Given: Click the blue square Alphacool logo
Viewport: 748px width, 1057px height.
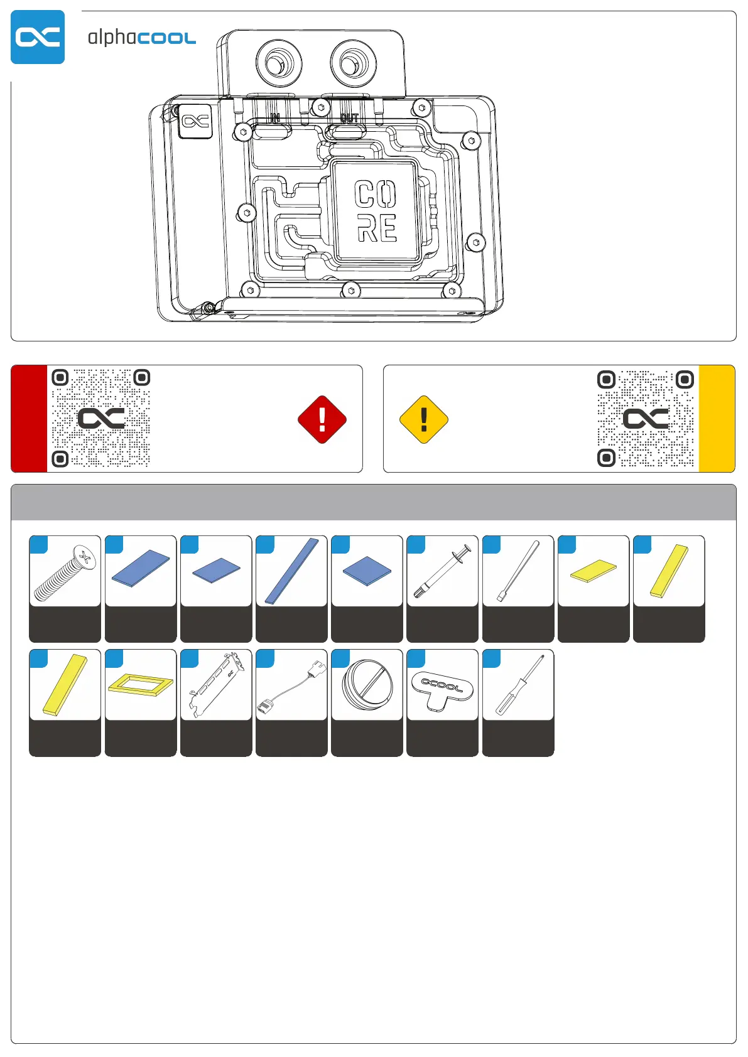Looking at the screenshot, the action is pyautogui.click(x=38, y=37).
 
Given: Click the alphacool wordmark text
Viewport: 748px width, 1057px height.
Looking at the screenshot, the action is pyautogui.click(x=142, y=38).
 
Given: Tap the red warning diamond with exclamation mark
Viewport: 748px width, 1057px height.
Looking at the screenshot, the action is pyautogui.click(x=322, y=419).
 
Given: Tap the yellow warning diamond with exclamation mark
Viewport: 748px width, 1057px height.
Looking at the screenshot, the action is pyautogui.click(x=424, y=419).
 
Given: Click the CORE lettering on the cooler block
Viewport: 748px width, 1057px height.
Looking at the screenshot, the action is pyautogui.click(x=376, y=211).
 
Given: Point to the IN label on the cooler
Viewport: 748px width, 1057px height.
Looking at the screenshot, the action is pyautogui.click(x=275, y=117).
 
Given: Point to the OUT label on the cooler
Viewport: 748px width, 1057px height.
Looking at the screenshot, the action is pyautogui.click(x=349, y=117).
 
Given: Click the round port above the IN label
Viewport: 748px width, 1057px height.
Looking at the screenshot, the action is pyautogui.click(x=279, y=63).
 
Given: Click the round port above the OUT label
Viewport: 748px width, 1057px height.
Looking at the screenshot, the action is pyautogui.click(x=354, y=63).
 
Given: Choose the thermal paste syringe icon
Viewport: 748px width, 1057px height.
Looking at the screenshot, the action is pyautogui.click(x=442, y=571).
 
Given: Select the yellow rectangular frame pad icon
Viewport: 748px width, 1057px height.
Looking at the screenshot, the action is pyautogui.click(x=141, y=685).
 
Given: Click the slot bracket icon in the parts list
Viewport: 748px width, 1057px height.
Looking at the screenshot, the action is pyautogui.click(x=216, y=685).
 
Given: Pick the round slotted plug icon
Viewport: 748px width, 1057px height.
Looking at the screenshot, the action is pyautogui.click(x=367, y=685).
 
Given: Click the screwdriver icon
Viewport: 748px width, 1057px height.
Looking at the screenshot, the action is pyautogui.click(x=519, y=685).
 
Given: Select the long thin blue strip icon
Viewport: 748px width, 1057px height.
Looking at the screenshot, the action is pyautogui.click(x=291, y=571).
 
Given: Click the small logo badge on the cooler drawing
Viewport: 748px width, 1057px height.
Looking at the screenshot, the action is pyautogui.click(x=195, y=121).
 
